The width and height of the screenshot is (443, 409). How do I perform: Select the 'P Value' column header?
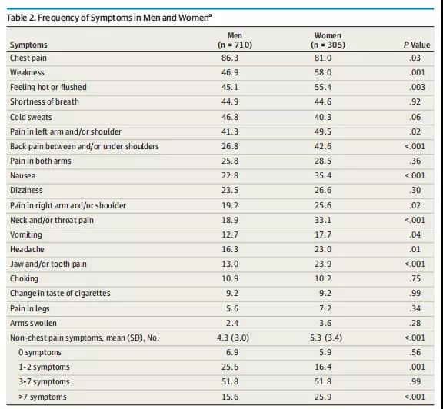(x=417, y=45)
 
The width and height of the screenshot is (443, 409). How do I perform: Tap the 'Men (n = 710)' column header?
(x=235, y=41)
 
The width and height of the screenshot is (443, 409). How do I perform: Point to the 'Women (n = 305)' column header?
(x=328, y=41)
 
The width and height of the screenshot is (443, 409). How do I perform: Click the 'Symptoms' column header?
(x=28, y=45)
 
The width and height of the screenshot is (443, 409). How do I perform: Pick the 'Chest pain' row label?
(x=28, y=58)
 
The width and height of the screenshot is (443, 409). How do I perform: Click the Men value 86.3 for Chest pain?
(x=230, y=58)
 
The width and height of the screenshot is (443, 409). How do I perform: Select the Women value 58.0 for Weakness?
(x=323, y=72)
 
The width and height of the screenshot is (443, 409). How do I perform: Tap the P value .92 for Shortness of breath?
(x=415, y=101)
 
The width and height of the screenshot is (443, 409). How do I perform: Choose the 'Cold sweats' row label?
(x=31, y=117)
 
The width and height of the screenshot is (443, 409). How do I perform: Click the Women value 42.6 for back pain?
(x=323, y=146)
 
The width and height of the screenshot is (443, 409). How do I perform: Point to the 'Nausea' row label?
(x=22, y=176)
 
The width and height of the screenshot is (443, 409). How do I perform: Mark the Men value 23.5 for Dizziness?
(x=230, y=190)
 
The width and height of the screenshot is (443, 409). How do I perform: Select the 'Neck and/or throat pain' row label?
(x=52, y=220)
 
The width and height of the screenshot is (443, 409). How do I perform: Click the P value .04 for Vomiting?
(x=415, y=234)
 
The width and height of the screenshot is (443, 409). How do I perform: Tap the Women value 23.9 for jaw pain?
(x=323, y=264)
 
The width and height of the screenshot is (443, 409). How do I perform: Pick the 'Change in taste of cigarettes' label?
(x=60, y=293)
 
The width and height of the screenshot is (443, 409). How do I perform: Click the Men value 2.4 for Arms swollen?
(x=232, y=323)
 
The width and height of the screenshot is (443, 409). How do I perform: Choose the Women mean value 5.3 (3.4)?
(x=326, y=338)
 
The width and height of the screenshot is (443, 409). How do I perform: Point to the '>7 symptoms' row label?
(x=42, y=397)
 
